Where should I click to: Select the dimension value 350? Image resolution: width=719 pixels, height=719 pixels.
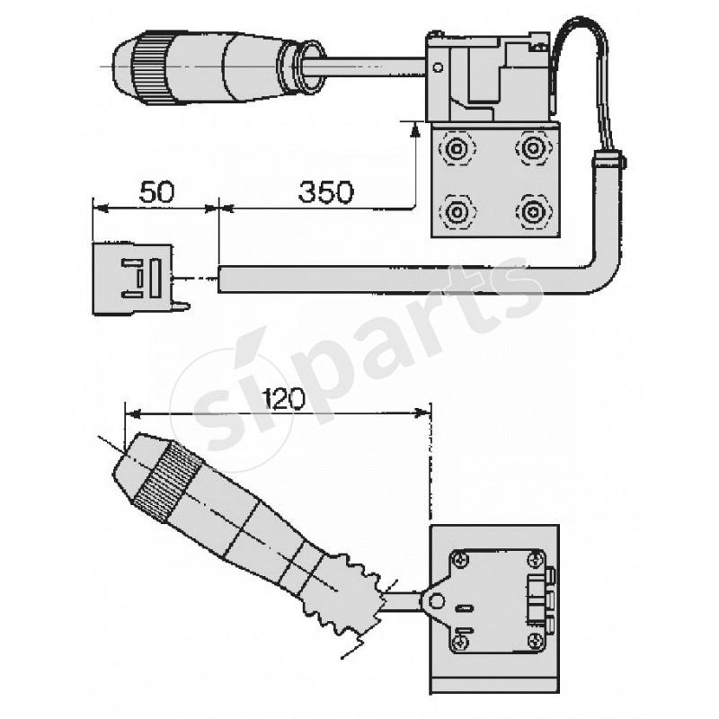(325, 191)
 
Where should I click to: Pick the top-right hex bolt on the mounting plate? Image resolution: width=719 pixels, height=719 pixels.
(532, 146)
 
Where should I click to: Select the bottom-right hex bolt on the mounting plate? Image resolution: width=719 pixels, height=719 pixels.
(532, 212)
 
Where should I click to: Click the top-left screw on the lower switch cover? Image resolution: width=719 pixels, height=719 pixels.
(461, 560)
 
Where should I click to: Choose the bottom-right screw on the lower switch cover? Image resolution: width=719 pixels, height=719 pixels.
(535, 640)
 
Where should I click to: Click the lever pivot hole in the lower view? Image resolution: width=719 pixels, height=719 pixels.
(439, 599)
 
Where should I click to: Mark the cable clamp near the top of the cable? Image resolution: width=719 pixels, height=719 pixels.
(608, 159)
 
